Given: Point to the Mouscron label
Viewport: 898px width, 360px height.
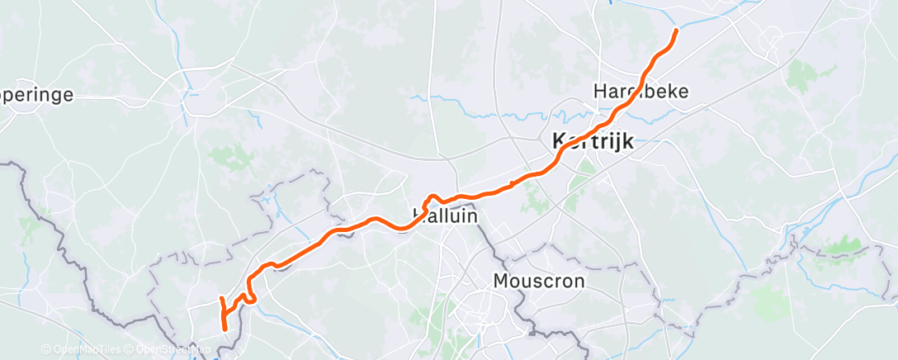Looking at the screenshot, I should (538, 281).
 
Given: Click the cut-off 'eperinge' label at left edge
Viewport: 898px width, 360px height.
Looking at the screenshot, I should (36, 95).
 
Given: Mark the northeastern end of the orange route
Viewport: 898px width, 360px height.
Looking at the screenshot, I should (676, 31).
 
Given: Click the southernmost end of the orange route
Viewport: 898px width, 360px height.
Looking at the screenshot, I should (225, 329).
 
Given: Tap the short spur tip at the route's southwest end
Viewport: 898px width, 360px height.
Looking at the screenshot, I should (220, 297).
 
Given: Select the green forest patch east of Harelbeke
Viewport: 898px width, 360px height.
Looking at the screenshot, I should (799, 77).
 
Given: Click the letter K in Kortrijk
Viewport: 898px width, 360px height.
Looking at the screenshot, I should (557, 142).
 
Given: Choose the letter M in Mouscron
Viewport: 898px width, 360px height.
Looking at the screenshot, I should (499, 281).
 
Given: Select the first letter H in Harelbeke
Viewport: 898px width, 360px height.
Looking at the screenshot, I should (599, 90).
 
